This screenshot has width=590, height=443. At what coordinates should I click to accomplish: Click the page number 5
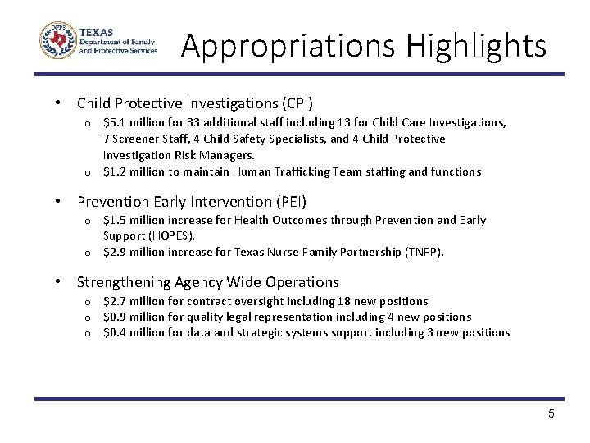[551, 413]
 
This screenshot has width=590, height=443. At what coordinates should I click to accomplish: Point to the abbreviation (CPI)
[295, 103]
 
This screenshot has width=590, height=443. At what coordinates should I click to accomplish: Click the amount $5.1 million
[134, 122]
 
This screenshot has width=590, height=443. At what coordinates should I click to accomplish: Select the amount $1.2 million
[134, 171]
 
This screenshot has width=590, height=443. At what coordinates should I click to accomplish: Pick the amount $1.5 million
[134, 220]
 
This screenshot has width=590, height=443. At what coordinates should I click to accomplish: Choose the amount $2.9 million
[134, 252]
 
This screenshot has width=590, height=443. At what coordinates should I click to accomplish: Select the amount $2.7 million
[134, 301]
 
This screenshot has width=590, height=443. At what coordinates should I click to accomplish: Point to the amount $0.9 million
[134, 317]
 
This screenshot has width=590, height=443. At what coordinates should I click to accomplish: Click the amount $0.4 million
[134, 332]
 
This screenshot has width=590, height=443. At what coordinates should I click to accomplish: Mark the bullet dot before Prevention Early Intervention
[58, 201]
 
